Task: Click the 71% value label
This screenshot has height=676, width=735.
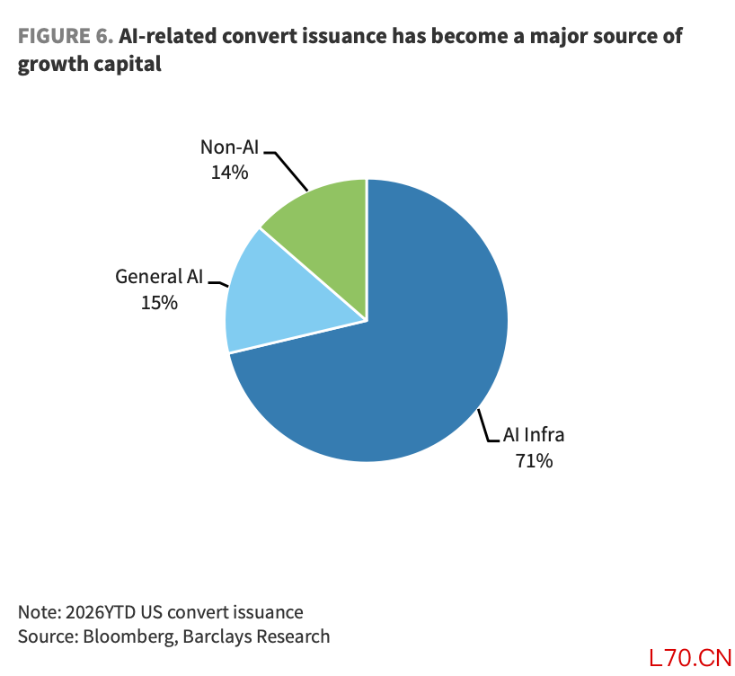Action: point(534,460)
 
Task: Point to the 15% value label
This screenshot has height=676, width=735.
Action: point(159,303)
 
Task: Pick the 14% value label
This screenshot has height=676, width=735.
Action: point(230,173)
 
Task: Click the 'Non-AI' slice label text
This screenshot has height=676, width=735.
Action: point(230,147)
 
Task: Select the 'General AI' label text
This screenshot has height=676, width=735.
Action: point(159,277)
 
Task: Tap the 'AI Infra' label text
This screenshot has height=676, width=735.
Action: point(534,435)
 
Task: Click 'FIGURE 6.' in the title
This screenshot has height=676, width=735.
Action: point(66,36)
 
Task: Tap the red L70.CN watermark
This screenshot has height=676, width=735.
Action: point(690,658)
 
